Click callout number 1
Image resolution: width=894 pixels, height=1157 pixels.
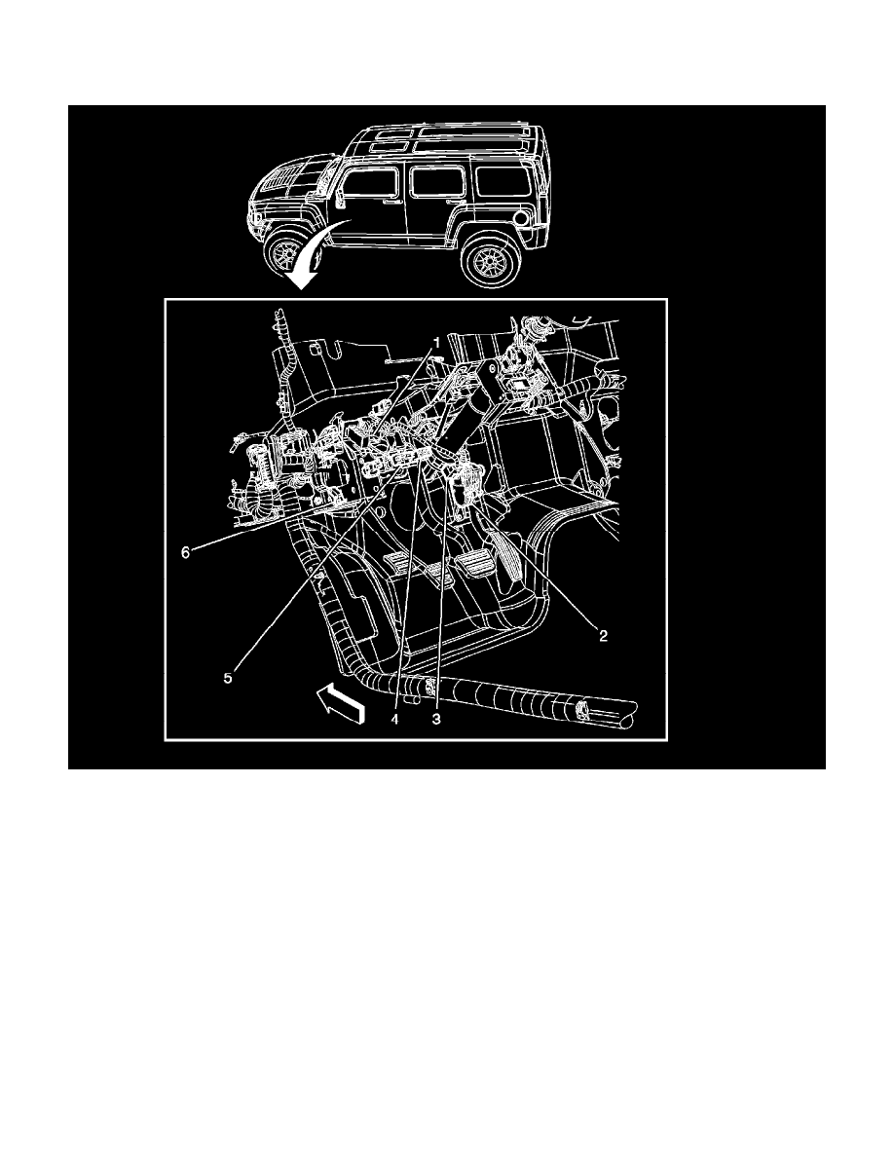click(437, 343)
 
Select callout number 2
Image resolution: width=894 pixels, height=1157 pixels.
click(604, 636)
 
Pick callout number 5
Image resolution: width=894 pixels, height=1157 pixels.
click(228, 679)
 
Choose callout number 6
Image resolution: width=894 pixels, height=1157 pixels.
click(185, 551)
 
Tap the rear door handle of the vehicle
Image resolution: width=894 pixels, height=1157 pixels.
click(450, 201)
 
